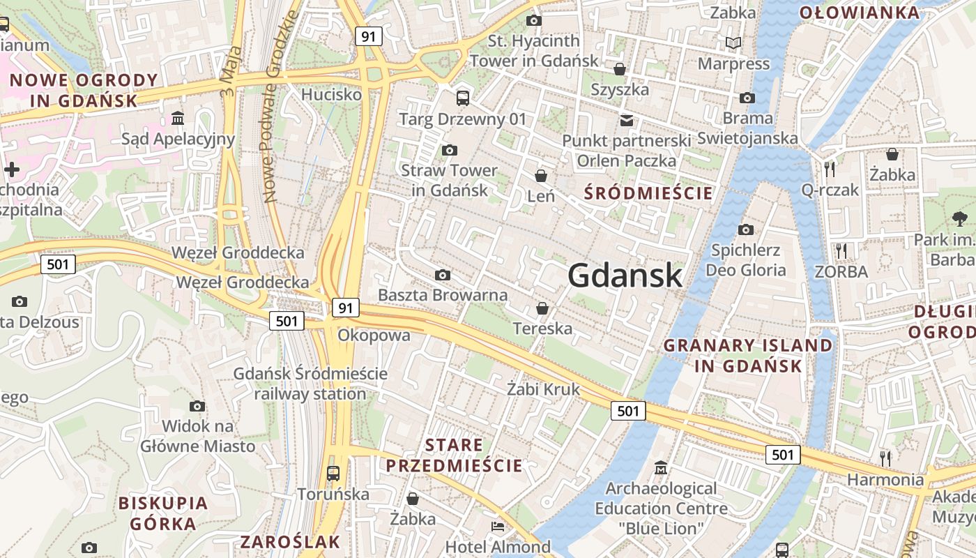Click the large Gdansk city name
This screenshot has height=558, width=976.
625,276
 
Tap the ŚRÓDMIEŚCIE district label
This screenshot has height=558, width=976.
648,193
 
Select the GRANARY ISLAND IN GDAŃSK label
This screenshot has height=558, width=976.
748,355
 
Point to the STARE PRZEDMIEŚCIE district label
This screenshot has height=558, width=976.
454,455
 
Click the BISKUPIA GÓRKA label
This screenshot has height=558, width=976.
163,513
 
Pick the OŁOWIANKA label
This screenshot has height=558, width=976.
869,13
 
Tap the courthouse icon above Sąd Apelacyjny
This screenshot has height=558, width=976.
178,118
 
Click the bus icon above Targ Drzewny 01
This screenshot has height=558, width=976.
463,98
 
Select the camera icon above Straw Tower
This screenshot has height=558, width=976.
450,150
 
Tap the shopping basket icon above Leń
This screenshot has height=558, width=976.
541,176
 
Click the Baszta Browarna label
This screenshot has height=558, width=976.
443,294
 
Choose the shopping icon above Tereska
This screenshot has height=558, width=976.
542,308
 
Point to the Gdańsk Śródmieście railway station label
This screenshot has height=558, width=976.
310,384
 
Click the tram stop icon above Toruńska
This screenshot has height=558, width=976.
333,474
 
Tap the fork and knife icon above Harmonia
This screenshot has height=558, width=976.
885,458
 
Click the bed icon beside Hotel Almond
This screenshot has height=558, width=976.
498,527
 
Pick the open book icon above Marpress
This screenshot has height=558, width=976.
733,43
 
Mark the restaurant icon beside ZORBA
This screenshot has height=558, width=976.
842,250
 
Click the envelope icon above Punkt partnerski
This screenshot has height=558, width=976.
627,120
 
